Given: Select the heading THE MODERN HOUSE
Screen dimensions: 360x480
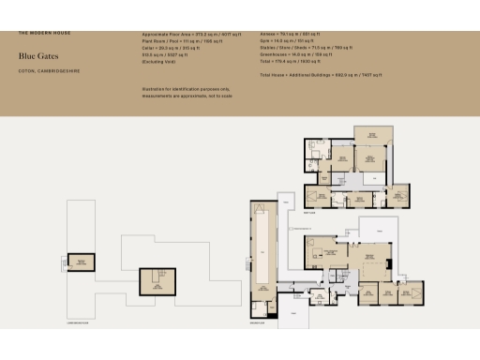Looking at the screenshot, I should coord(44,33).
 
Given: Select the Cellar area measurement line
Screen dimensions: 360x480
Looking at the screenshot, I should coord(177,49).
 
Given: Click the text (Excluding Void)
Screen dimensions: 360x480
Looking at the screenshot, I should coord(157,62).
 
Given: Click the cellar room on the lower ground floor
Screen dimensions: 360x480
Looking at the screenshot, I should coord(152,280).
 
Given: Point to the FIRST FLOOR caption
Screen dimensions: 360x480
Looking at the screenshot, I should coord(309,213).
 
